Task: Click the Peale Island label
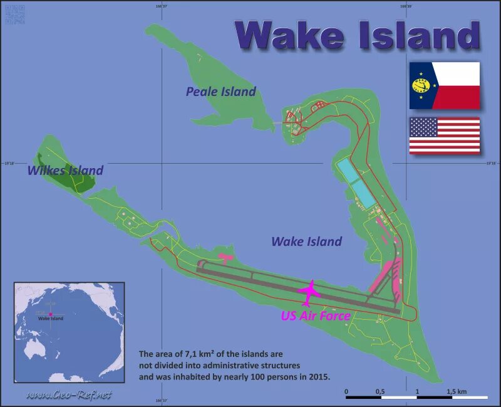pyautogui.click(x=220, y=92)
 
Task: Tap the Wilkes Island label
pyautogui.click(x=65, y=170)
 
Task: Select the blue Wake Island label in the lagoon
pyautogui.click(x=306, y=241)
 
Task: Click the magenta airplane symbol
pyautogui.click(x=309, y=291)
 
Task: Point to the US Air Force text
pyautogui.click(x=315, y=316)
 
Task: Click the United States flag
pyautogui.click(x=444, y=135)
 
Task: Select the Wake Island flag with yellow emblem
pyautogui.click(x=444, y=85)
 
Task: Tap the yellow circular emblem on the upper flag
pyautogui.click(x=421, y=85)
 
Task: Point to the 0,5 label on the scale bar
pyautogui.click(x=380, y=391)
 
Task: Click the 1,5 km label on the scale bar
pyautogui.click(x=457, y=391)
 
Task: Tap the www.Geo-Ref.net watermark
pyautogui.click(x=69, y=394)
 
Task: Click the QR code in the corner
pyautogui.click(x=14, y=14)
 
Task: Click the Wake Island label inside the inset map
pyautogui.click(x=51, y=319)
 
